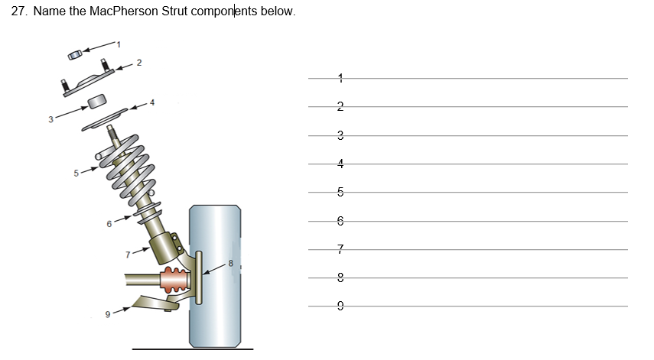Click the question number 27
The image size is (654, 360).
pyautogui.click(x=20, y=12)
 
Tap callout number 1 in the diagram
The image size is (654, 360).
pyautogui.click(x=119, y=44)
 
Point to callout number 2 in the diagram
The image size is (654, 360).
pyautogui.click(x=139, y=62)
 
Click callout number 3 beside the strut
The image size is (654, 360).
pyautogui.click(x=50, y=118)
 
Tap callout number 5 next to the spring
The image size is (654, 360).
pyautogui.click(x=76, y=173)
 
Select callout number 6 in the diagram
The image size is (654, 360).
pyautogui.click(x=109, y=223)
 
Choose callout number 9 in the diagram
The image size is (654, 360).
pyautogui.click(x=109, y=313)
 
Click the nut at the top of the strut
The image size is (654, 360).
pyautogui.click(x=74, y=55)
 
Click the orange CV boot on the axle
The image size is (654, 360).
pyautogui.click(x=172, y=281)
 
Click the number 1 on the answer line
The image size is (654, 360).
pyautogui.click(x=340, y=78)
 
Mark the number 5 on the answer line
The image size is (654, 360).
pyautogui.click(x=340, y=192)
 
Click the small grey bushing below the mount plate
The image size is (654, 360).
pyautogui.click(x=97, y=102)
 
